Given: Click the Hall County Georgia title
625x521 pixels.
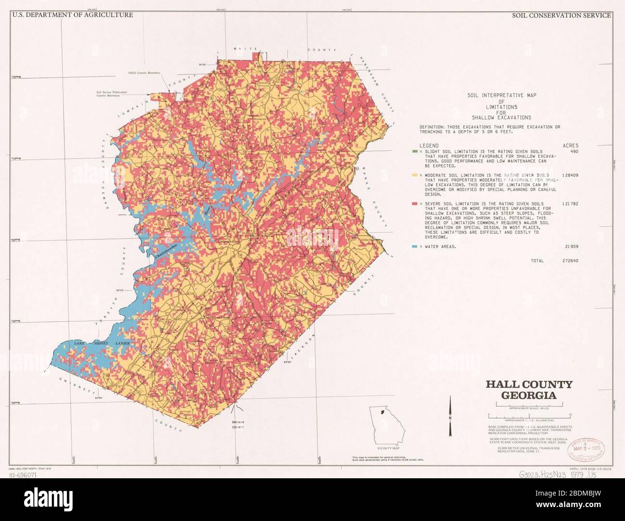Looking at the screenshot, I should point(529,390).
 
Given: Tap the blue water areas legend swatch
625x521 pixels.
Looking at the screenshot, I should point(414,247).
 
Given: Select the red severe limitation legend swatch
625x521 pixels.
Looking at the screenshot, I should point(414,204).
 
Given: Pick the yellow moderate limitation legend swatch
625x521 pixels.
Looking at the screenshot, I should point(414,175).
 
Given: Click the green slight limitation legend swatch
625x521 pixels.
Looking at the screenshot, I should point(414,151).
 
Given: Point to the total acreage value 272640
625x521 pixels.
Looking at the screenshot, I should point(569,261).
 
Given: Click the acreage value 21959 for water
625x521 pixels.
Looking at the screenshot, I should point(571,247).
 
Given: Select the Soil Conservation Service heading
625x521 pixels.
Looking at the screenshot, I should point(561,15).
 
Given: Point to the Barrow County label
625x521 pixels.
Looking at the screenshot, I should point(238,424).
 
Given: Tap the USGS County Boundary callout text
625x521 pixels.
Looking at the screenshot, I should point(144,73).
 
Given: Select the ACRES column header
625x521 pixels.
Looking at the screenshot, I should point(570,145).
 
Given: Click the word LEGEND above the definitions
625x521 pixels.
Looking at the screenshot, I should point(429,145).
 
